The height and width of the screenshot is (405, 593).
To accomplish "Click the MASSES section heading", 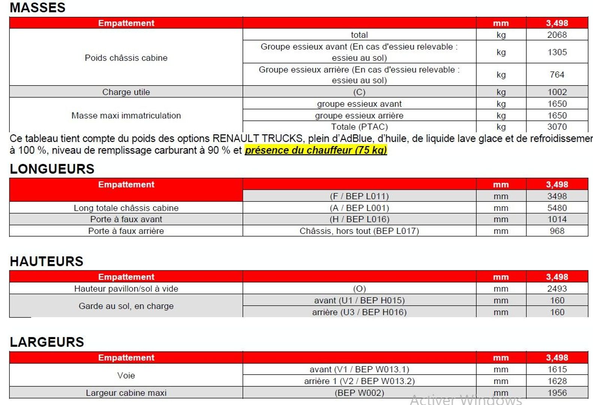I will tap(38, 7).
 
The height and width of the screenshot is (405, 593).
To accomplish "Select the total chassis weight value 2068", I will tap(557, 35).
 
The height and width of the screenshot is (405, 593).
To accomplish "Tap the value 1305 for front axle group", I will tap(557, 52).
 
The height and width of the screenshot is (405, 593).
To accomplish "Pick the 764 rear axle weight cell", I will tap(557, 75).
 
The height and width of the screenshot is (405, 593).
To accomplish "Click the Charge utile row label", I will tap(126, 92).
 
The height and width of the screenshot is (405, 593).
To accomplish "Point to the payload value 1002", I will tap(557, 92).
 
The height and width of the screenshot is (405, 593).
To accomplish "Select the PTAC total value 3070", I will tap(557, 127).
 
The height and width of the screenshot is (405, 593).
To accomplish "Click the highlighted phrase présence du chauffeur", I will tap(315, 150).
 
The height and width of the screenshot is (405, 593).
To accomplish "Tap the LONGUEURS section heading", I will tap(52, 169).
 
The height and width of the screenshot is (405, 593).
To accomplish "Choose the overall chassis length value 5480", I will tap(557, 208).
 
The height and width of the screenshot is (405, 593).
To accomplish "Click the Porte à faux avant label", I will tap(126, 219).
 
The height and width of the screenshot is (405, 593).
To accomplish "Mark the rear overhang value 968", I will tap(557, 231).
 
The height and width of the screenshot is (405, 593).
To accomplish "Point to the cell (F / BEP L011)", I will tap(359, 196).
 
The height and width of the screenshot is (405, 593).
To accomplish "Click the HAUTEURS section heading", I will tap(47, 261).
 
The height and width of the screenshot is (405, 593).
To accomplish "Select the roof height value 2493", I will tap(557, 289).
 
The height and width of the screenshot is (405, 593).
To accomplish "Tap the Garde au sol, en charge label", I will tap(126, 306).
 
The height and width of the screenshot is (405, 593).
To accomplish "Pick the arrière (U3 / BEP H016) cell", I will tap(359, 312).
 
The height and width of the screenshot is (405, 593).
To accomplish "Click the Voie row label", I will tap(126, 375).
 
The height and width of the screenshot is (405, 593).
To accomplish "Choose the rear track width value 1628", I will tap(557, 381).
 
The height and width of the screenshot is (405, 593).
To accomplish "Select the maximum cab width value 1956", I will tap(557, 393).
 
